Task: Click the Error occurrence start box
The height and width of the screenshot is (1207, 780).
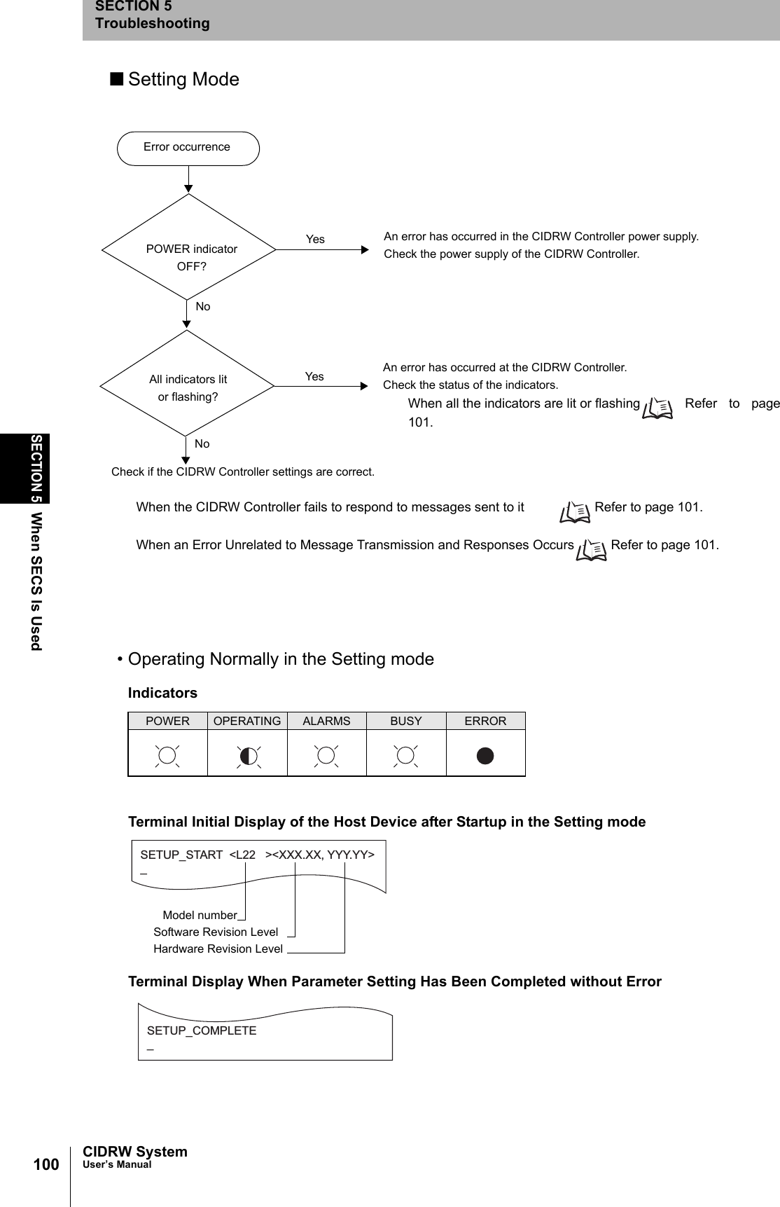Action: tap(188, 148)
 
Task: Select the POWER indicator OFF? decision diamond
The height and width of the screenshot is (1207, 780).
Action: tap(189, 248)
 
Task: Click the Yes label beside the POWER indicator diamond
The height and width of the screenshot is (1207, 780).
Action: tap(315, 240)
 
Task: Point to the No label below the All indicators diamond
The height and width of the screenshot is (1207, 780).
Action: tap(202, 444)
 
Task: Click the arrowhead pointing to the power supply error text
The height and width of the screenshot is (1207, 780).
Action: tap(364, 249)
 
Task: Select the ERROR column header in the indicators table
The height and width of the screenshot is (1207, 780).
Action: tap(485, 722)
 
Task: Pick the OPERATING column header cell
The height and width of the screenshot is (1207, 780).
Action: tap(247, 722)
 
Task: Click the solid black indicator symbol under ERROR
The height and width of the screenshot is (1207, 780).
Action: tap(485, 756)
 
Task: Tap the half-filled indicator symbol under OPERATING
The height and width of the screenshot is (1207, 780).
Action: tap(248, 756)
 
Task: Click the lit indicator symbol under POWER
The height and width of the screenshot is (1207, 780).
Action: tap(167, 756)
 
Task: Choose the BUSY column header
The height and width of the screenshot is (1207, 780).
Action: tap(406, 722)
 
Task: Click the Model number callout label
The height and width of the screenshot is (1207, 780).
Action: tap(200, 916)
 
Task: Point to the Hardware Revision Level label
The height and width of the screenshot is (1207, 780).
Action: tap(218, 949)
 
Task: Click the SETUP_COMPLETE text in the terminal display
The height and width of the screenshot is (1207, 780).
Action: tap(202, 1031)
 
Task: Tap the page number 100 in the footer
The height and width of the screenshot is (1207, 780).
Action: tap(46, 1164)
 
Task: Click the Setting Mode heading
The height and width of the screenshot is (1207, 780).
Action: tap(183, 80)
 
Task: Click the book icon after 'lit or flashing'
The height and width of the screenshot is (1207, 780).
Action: tap(658, 408)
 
